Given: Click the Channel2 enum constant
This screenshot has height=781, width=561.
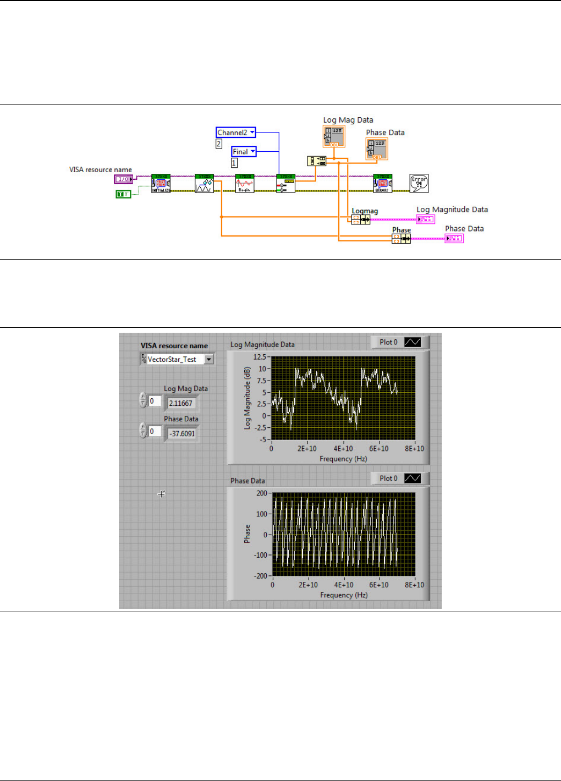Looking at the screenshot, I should (235, 133).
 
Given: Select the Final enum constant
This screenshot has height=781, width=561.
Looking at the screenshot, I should (243, 152).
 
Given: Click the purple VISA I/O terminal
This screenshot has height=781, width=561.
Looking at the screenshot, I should (123, 179).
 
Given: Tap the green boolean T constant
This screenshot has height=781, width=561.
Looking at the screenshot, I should (123, 194).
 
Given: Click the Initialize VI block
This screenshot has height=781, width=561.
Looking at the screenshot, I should (161, 183).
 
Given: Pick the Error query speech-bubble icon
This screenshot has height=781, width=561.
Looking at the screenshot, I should (419, 183).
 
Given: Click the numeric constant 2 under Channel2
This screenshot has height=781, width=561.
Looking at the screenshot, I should (219, 144).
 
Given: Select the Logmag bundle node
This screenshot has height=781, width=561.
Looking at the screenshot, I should (361, 219).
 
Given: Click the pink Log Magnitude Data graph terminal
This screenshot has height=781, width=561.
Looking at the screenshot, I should (426, 219).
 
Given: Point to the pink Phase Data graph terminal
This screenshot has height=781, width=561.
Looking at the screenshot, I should (454, 238).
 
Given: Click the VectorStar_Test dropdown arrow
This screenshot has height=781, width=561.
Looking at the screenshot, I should (209, 359).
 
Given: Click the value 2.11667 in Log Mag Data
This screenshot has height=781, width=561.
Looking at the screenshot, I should (181, 403).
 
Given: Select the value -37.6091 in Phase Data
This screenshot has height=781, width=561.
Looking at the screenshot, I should (182, 433).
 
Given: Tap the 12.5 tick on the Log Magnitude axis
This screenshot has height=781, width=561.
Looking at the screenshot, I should (259, 357).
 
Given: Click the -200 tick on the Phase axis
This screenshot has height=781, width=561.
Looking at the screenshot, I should (261, 576).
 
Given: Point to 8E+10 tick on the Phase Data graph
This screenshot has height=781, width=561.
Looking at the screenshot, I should (414, 585).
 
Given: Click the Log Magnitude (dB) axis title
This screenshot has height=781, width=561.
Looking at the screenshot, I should (248, 398).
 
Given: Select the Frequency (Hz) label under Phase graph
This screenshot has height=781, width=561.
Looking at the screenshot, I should (344, 595).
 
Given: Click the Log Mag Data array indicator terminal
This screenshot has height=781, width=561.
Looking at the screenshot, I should (334, 137).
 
